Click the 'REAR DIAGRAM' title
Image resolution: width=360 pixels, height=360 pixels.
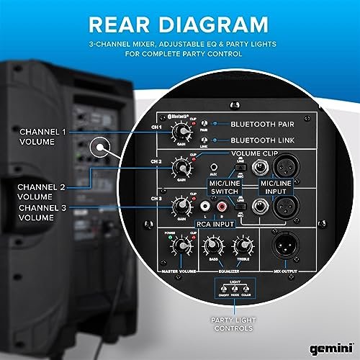[179, 24]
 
